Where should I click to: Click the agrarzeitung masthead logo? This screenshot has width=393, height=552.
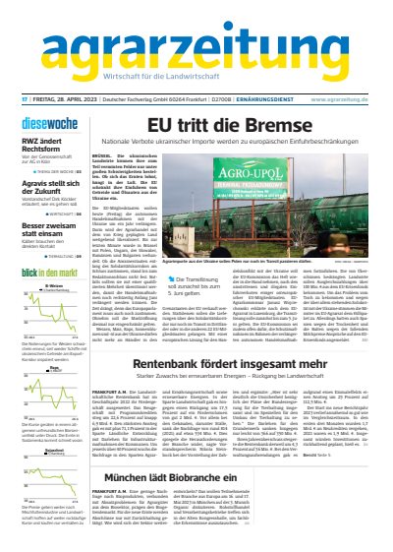196,41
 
